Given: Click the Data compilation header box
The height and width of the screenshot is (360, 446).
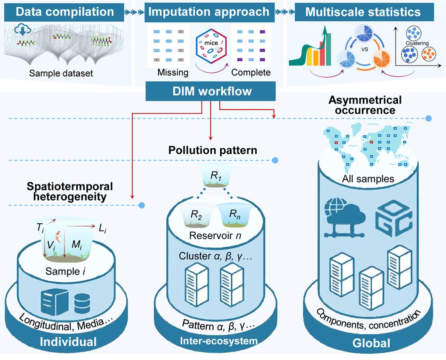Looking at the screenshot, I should coord(65,12).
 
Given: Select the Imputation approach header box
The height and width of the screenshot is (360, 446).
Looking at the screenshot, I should coord(209,12).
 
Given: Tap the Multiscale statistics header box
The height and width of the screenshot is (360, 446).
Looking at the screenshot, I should coord(363,12).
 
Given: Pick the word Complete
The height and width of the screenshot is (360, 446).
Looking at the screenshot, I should coord(251,73).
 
